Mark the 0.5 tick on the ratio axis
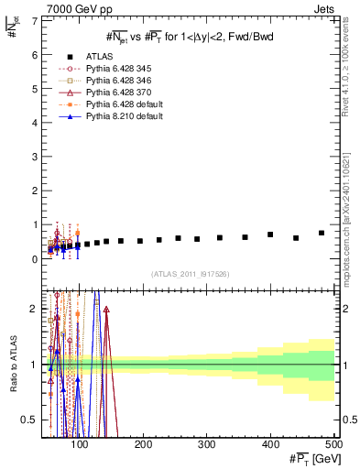[x=31, y=420]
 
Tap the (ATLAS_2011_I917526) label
[x=190, y=275]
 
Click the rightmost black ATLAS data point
[x=321, y=233]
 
